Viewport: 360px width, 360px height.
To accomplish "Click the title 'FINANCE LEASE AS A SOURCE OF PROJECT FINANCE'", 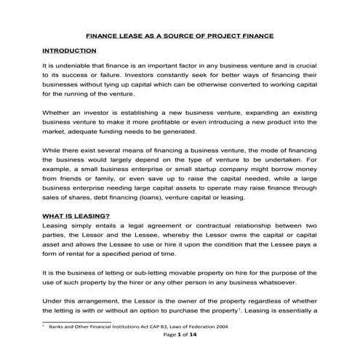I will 180,33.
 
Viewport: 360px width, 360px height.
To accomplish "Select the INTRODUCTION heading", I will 69,50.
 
